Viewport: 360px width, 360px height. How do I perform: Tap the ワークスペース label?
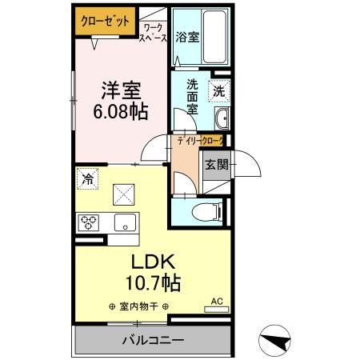tap(154, 32)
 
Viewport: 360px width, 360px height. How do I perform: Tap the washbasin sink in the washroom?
tap(222, 121)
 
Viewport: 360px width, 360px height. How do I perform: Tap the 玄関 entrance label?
tap(216, 166)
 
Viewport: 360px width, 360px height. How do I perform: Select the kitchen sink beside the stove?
tap(125, 222)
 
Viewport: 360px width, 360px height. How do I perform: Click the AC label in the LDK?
tap(216, 302)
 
